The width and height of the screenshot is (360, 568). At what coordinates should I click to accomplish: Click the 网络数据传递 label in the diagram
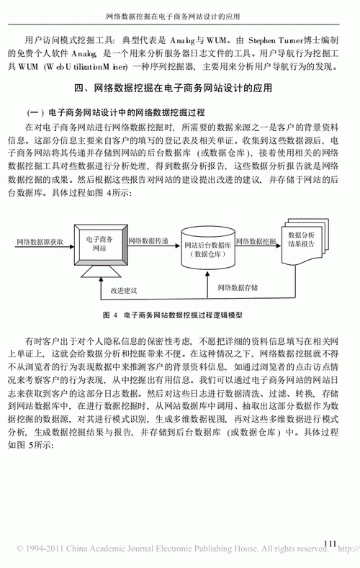pyautogui.click(x=149, y=242)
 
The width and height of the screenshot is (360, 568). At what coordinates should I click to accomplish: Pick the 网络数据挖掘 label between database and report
pyautogui.click(x=256, y=242)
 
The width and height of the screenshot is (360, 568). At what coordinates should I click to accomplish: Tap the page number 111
pyautogui.click(x=331, y=543)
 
